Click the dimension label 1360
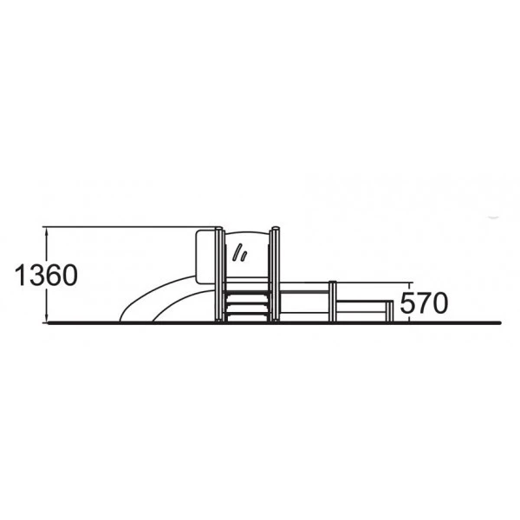(47, 276)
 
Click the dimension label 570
(424, 303)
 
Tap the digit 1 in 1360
(20, 276)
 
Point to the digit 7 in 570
(424, 303)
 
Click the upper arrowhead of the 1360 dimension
(48, 232)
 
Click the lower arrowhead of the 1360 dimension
(48, 317)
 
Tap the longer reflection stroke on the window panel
(237, 253)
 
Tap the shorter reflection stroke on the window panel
(244, 257)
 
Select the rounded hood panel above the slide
(206, 257)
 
